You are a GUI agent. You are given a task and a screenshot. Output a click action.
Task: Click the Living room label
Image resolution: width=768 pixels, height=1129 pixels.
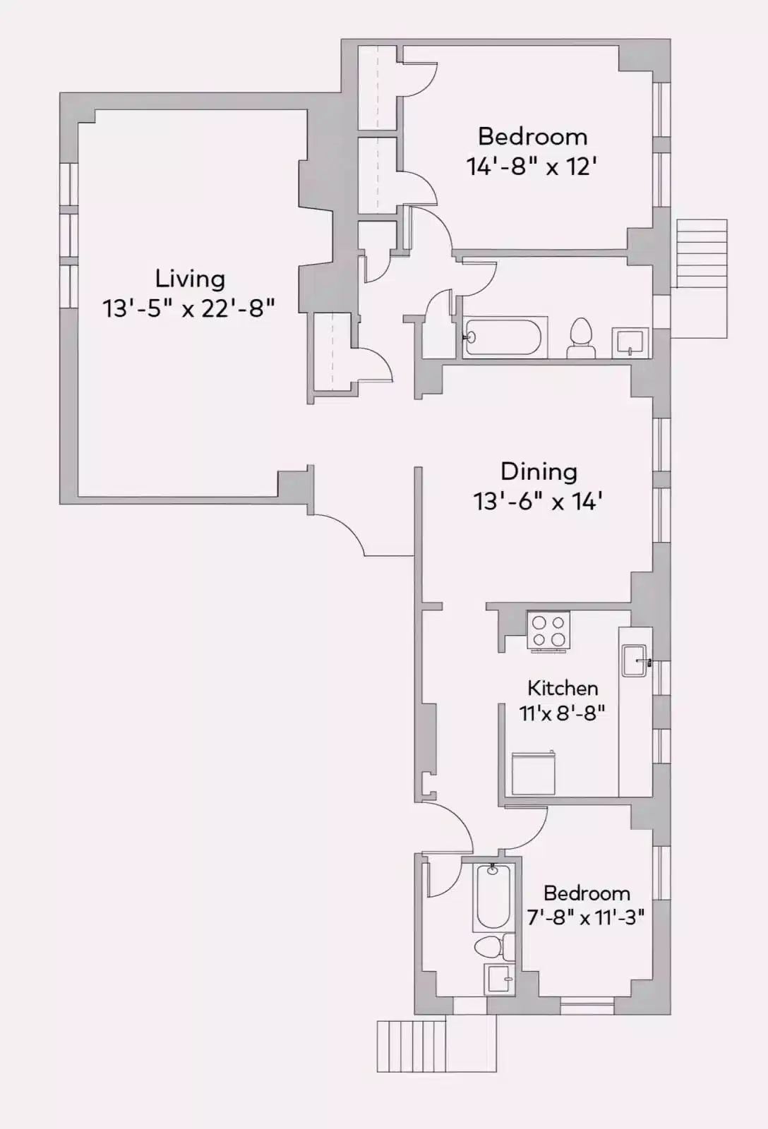pyautogui.click(x=190, y=279)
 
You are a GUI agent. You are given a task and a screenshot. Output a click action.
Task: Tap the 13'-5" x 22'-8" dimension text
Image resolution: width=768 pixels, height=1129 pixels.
pyautogui.click(x=188, y=308)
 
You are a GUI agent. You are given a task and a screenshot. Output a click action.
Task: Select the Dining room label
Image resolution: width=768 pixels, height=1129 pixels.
pyautogui.click(x=539, y=471)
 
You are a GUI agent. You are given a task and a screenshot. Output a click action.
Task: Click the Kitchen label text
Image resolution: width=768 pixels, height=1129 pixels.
pyautogui.click(x=563, y=688)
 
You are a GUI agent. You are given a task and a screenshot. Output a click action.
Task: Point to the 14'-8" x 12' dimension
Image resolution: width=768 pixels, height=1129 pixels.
pyautogui.click(x=532, y=167)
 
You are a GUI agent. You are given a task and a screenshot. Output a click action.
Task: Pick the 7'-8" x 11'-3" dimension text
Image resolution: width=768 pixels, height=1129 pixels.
pyautogui.click(x=586, y=917)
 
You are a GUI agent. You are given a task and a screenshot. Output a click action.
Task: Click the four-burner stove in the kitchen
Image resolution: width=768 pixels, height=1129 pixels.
pyautogui.click(x=548, y=631)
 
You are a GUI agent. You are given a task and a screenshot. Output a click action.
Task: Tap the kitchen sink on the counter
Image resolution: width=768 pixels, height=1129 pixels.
pyautogui.click(x=634, y=661)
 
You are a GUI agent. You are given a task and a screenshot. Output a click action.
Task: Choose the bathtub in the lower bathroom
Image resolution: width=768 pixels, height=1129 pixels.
pyautogui.click(x=493, y=896)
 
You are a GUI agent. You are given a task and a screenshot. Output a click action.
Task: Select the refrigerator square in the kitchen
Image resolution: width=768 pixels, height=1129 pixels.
pyautogui.click(x=533, y=774)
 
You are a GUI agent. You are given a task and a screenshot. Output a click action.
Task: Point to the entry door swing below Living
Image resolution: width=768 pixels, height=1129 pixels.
pyautogui.click(x=339, y=533)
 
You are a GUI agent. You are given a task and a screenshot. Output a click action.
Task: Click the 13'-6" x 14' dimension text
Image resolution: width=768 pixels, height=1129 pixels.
pyautogui.click(x=537, y=502)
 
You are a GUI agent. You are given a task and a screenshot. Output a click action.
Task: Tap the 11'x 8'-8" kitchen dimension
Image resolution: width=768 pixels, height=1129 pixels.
pyautogui.click(x=562, y=713)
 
